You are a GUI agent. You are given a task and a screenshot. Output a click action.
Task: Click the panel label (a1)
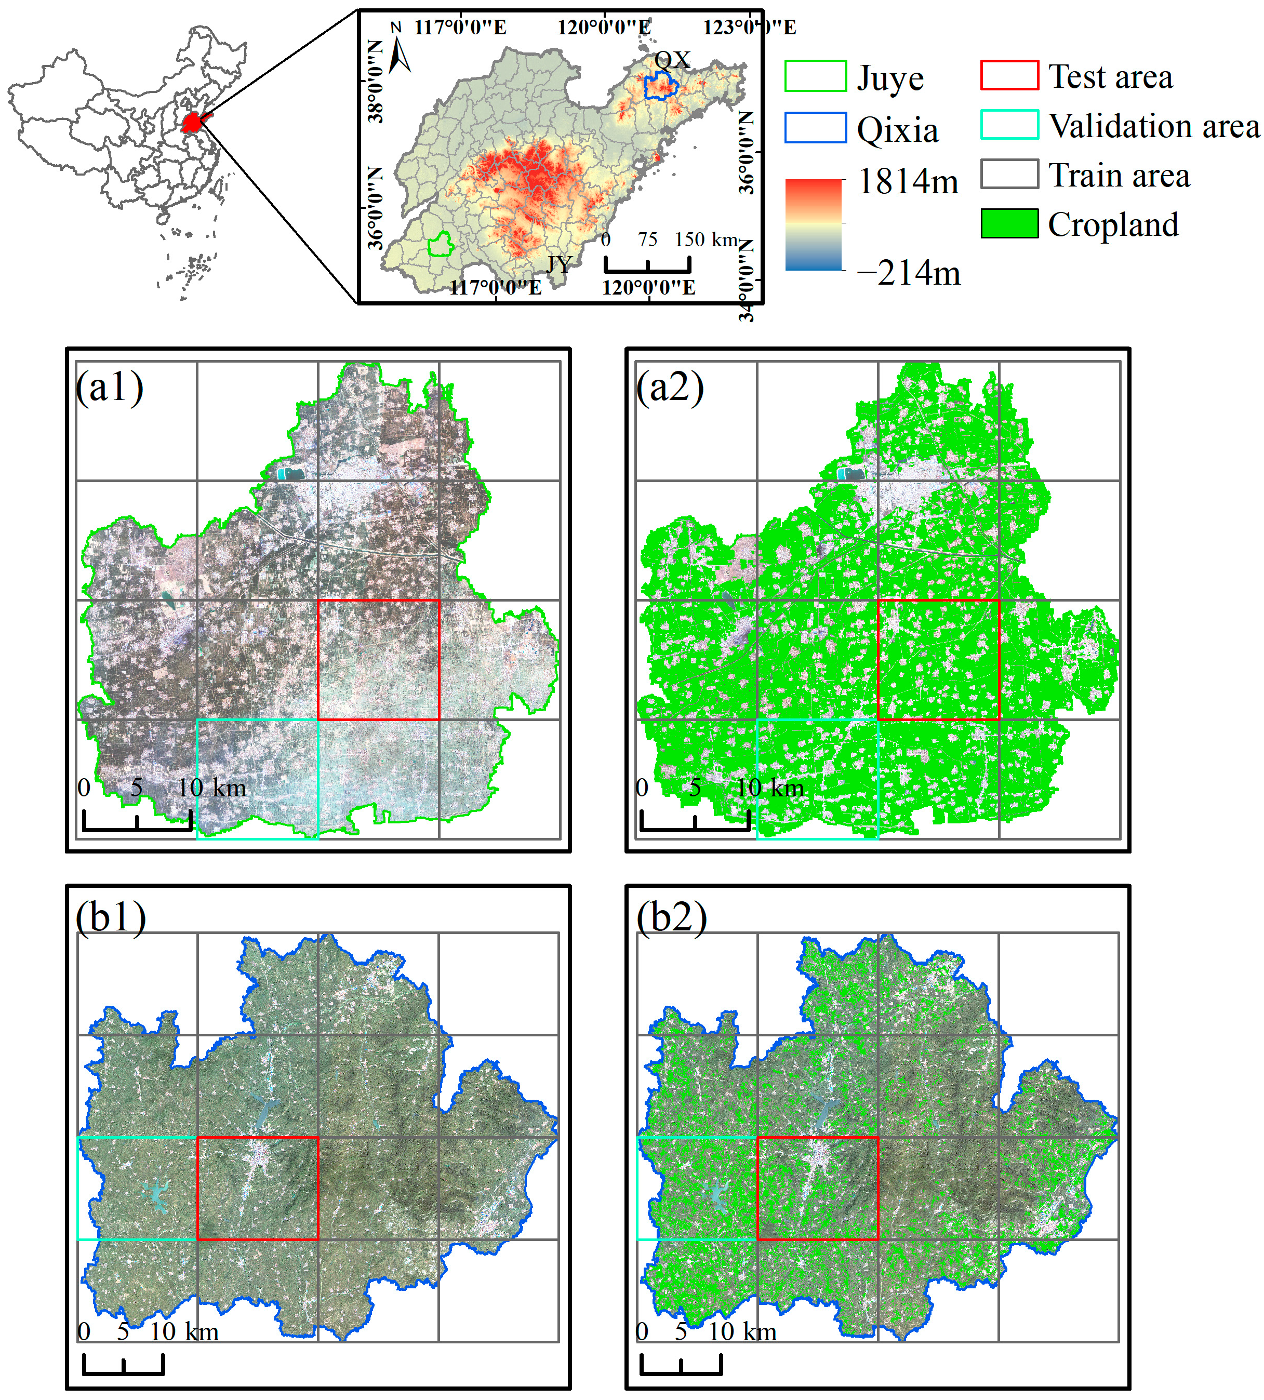(x=110, y=388)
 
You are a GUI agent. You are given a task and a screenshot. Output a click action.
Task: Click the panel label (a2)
(x=670, y=388)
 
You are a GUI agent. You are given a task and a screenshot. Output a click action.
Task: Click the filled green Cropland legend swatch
(x=1009, y=223)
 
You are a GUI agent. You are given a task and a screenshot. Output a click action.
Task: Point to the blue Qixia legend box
(x=815, y=128)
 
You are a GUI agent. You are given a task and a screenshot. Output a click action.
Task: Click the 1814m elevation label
(x=908, y=182)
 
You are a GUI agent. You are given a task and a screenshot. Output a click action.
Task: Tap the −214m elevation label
(x=909, y=273)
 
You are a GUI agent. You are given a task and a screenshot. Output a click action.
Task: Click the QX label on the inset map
(x=672, y=60)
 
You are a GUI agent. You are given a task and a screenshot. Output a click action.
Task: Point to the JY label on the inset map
(x=559, y=264)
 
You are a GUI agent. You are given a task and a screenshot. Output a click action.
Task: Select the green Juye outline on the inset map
(x=440, y=245)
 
